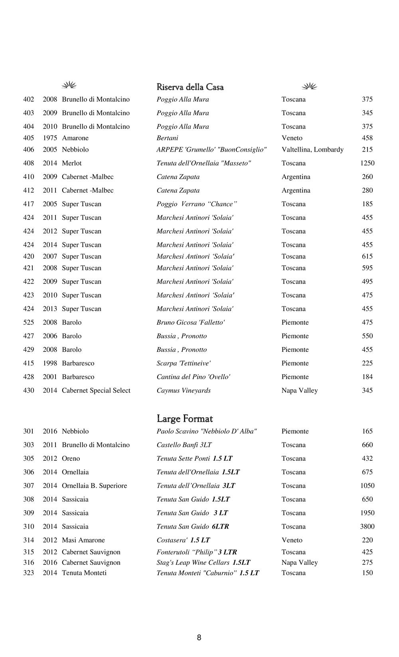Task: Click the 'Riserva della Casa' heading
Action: [x=190, y=87]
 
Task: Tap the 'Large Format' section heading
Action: [x=185, y=418]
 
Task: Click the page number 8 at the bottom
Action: [x=199, y=637]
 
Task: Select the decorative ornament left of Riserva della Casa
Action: [x=69, y=85]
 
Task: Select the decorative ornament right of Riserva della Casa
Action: [x=309, y=86]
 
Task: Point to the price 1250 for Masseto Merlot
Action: [x=367, y=163]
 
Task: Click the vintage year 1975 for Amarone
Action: [x=50, y=138]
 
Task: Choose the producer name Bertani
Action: [x=167, y=138]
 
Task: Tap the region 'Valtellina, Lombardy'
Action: [x=312, y=150]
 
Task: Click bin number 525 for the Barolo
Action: [x=29, y=322]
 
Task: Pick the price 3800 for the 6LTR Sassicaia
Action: [x=367, y=527]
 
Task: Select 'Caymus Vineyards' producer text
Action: [x=184, y=391]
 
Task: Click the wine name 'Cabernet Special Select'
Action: [x=96, y=391]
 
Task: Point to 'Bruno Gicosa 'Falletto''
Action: [x=190, y=322]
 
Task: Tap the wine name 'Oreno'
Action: [x=71, y=459]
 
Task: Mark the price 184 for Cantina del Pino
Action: [x=367, y=377]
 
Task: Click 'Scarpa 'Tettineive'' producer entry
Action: [x=184, y=363]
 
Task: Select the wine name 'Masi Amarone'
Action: [x=83, y=540]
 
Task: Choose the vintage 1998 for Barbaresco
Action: [x=50, y=363]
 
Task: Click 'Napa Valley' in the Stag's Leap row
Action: [x=300, y=562]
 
